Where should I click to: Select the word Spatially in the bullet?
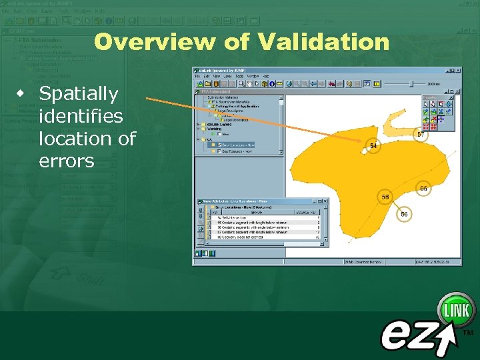pyautogui.click(x=78, y=94)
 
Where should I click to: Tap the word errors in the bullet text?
pyautogui.click(x=66, y=161)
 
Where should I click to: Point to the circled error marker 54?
pyautogui.click(x=373, y=145)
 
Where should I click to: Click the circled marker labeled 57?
pyautogui.click(x=420, y=134)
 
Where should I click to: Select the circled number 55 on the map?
pyautogui.click(x=423, y=189)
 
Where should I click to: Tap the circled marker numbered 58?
pyautogui.click(x=385, y=197)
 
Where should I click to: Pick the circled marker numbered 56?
pyautogui.click(x=404, y=214)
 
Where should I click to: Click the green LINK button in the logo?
pyautogui.click(x=456, y=310)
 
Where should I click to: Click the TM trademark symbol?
pyautogui.click(x=468, y=331)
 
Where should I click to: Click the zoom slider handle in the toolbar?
pyautogui.click(x=411, y=83)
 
